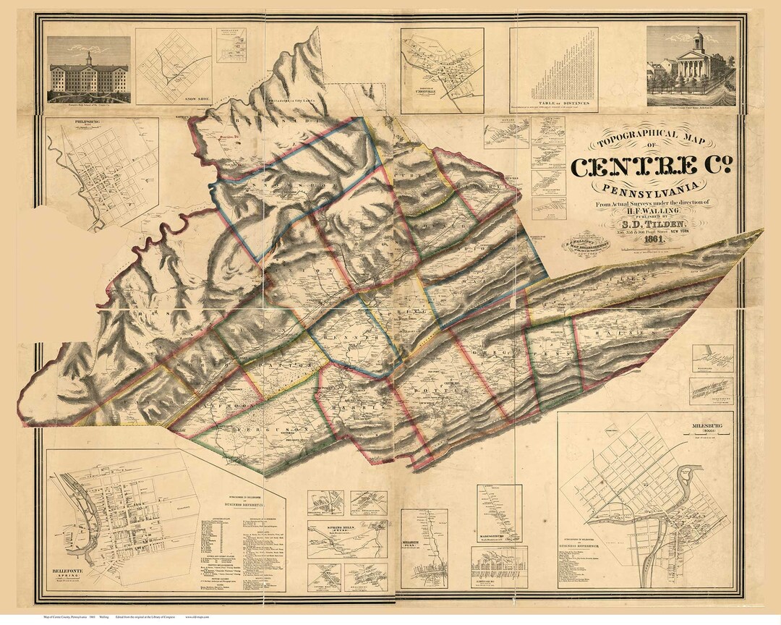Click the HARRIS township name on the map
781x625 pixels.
[354, 405]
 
